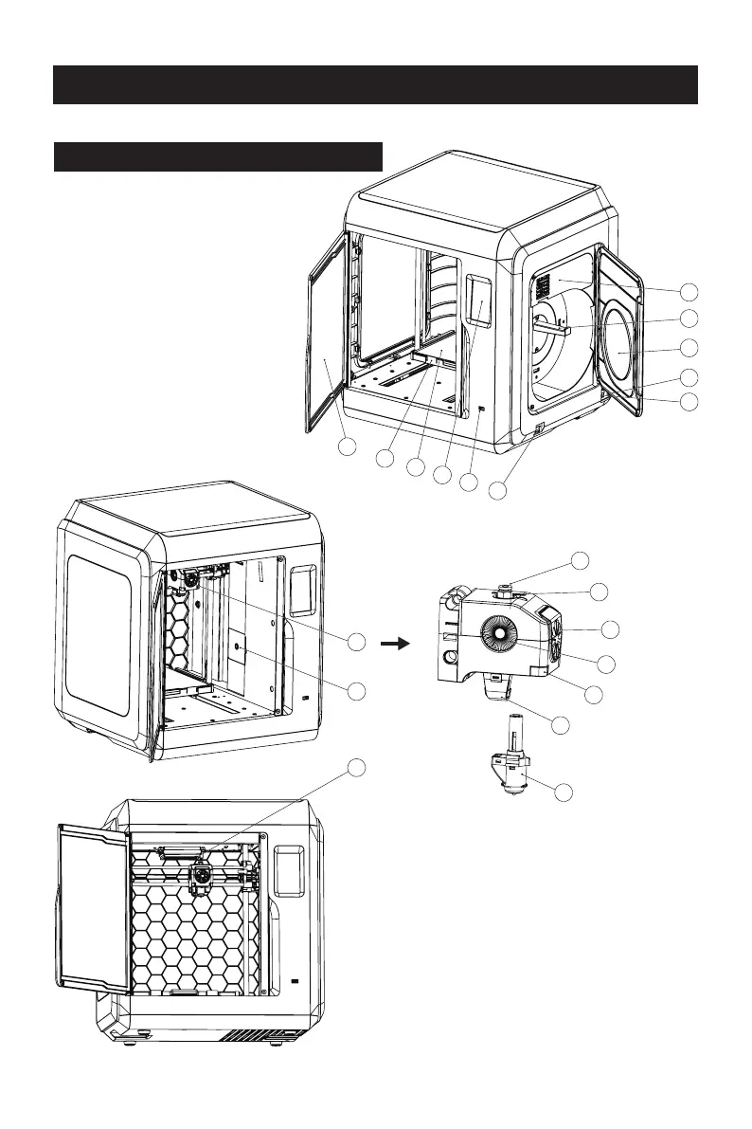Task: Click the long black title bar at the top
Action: click(x=375, y=84)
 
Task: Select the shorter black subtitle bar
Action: click(x=217, y=156)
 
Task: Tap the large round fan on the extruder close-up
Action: click(x=509, y=632)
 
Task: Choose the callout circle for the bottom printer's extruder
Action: click(x=355, y=767)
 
